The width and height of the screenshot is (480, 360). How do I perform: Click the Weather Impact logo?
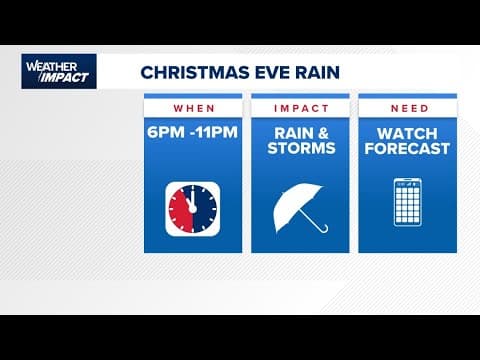59,71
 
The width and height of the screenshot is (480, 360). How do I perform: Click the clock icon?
192,208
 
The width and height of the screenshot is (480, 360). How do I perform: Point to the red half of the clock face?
182,208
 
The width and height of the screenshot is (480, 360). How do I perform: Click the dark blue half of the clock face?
202,208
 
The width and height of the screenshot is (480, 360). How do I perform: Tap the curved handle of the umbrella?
321,227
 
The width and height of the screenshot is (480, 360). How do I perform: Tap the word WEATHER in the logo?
46,66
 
